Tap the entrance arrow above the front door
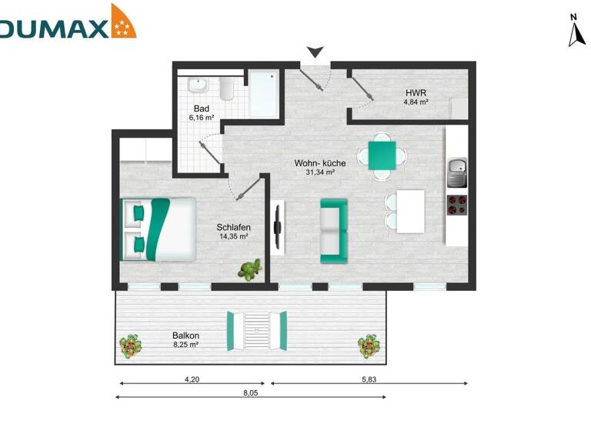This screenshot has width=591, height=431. [314, 52]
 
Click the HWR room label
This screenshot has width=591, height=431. [417, 94]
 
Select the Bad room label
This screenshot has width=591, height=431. [202, 109]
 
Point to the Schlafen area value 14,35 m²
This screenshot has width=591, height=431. [234, 236]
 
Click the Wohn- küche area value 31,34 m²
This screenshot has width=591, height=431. [320, 173]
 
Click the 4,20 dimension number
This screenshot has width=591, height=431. [193, 379]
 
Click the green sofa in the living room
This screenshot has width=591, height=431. [333, 228]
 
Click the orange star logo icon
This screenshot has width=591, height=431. [123, 22]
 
